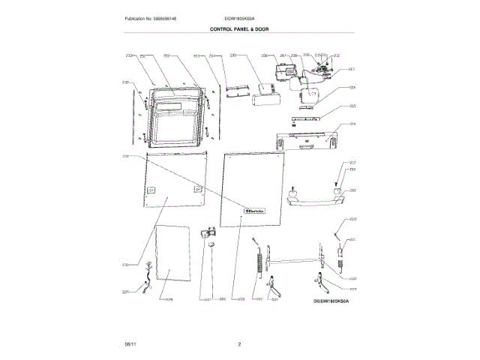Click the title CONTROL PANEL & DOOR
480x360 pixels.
[x=240, y=28]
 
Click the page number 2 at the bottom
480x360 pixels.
[x=239, y=343]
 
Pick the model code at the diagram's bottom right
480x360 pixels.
[x=331, y=299]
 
